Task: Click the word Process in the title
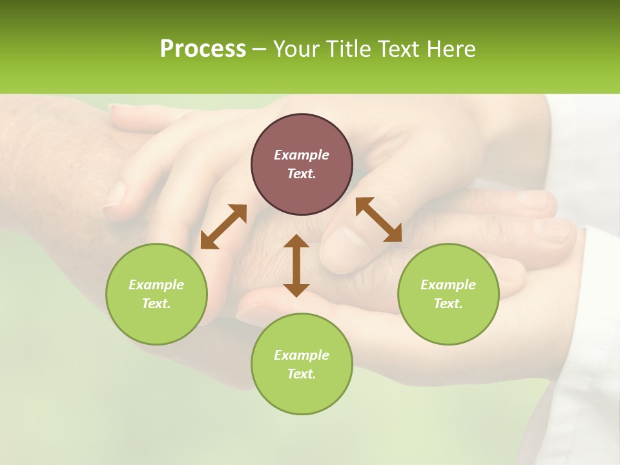[203, 49]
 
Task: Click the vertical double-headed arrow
[296, 265]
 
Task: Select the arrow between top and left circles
[223, 227]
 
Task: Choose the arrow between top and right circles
[379, 220]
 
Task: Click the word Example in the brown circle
[302, 155]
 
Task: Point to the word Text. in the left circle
[156, 304]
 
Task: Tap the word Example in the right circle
[448, 285]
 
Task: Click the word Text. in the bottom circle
[302, 374]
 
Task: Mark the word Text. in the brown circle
[302, 174]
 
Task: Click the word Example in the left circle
[156, 285]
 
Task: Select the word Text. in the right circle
[448, 304]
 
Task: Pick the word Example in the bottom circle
[302, 355]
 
